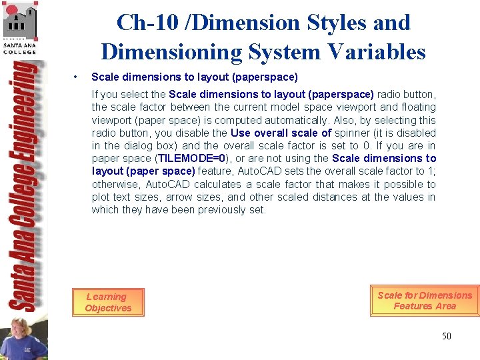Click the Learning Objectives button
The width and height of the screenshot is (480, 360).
pyautogui.click(x=107, y=302)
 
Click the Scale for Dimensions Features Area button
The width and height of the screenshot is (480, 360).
pyautogui.click(x=425, y=301)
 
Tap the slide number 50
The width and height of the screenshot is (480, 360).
pyautogui.click(x=446, y=336)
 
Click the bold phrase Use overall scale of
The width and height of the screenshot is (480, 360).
pyautogui.click(x=281, y=133)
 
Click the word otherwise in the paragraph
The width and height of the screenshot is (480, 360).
pyautogui.click(x=114, y=184)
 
